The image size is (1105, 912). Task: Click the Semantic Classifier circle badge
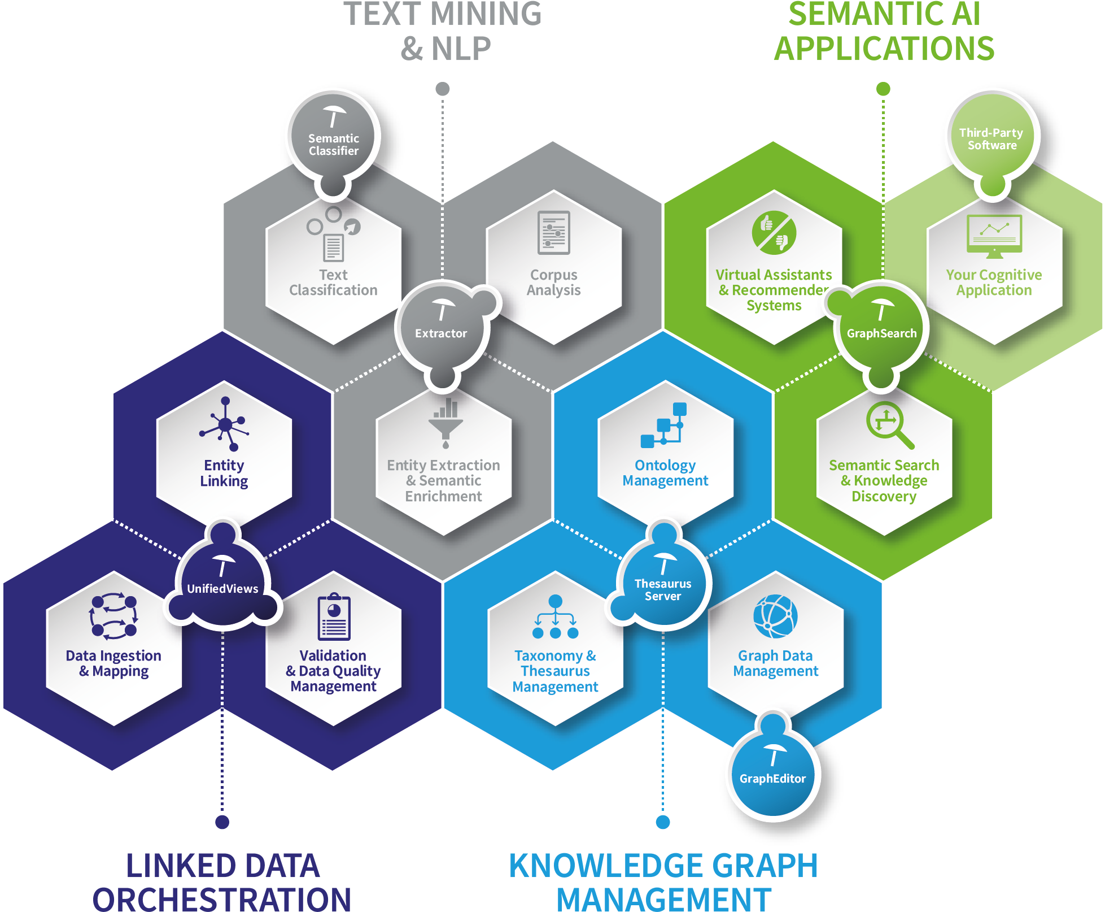pyautogui.click(x=333, y=136)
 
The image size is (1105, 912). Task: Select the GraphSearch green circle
pyautogui.click(x=881, y=327)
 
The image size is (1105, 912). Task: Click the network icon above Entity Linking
pyautogui.click(x=225, y=424)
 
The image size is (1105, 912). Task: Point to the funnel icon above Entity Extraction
pyautogui.click(x=446, y=423)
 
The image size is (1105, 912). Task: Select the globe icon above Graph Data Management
pyautogui.click(x=775, y=616)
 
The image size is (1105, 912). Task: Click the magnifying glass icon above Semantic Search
pyautogui.click(x=888, y=424)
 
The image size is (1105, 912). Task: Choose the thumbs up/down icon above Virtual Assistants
pyautogui.click(x=774, y=232)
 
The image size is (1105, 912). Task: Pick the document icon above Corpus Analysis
pyautogui.click(x=554, y=232)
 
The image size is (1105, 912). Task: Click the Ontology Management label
pyautogui.click(x=665, y=473)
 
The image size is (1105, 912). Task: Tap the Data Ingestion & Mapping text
pyautogui.click(x=113, y=663)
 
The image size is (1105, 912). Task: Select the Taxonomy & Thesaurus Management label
pyautogui.click(x=555, y=671)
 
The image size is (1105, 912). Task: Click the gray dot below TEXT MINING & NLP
pyautogui.click(x=443, y=89)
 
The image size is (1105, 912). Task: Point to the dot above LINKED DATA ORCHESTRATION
pyautogui.click(x=222, y=822)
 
